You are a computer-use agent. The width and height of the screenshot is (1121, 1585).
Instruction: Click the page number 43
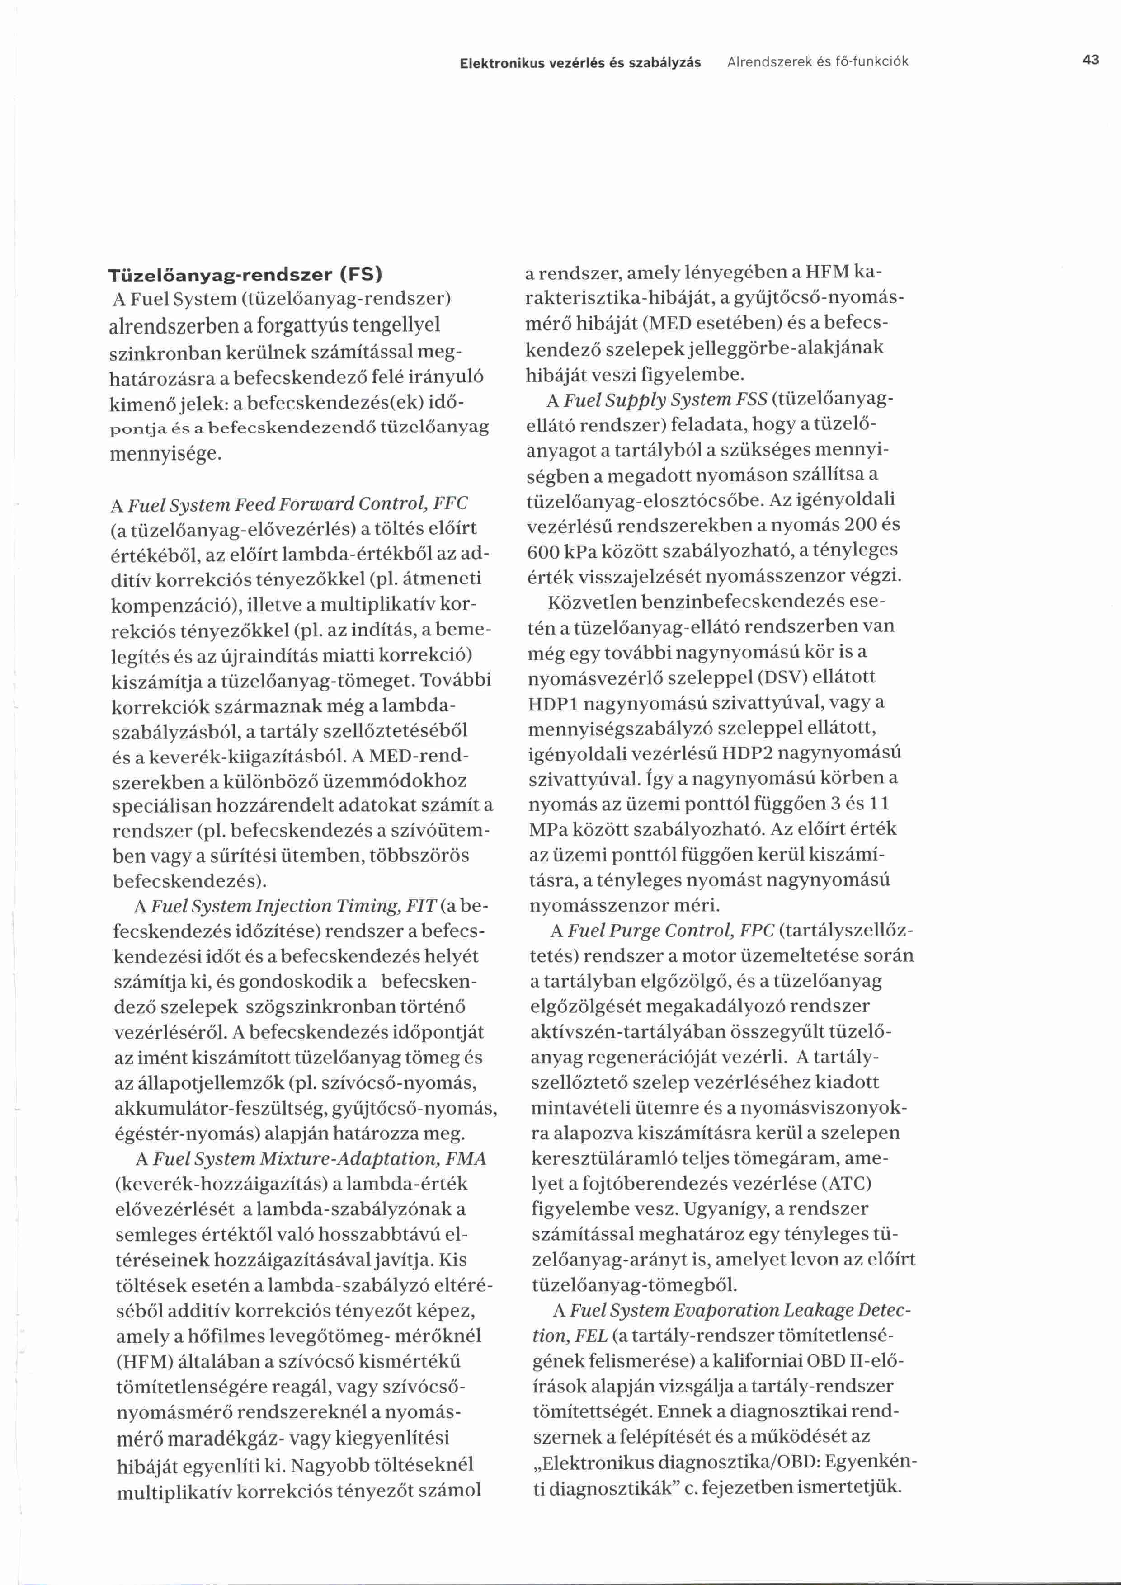(1091, 60)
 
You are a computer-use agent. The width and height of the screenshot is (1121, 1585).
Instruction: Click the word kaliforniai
(750, 1361)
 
